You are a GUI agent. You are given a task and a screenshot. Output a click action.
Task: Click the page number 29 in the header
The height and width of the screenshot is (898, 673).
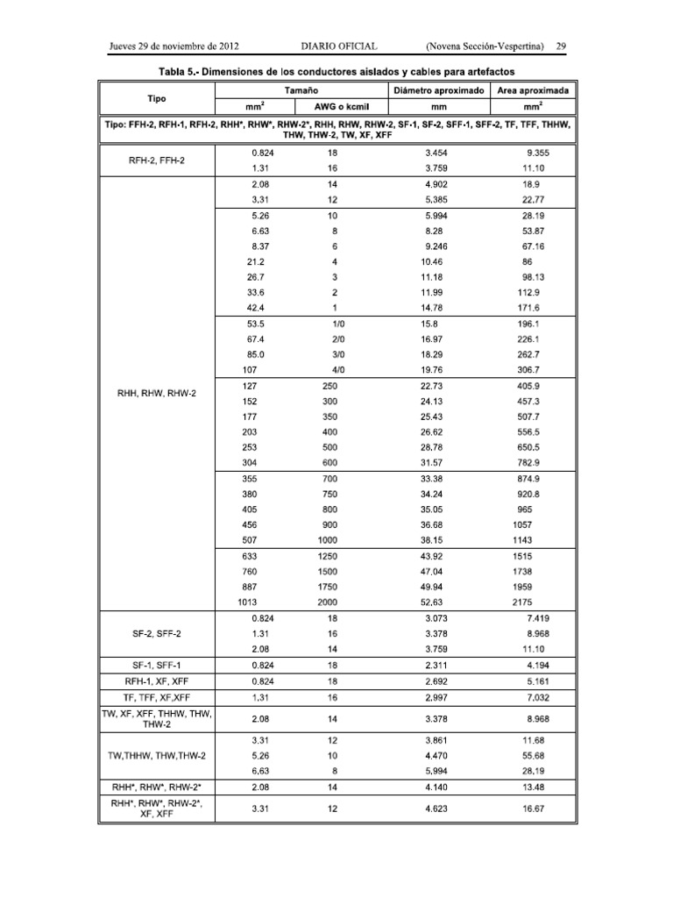(x=563, y=45)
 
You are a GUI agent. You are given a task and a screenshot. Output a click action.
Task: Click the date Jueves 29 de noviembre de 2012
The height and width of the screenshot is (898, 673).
(x=174, y=45)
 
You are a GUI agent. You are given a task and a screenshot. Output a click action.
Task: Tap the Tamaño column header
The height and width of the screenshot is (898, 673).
(x=301, y=90)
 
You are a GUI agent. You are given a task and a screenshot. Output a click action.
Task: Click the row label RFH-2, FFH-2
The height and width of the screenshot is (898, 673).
(x=158, y=160)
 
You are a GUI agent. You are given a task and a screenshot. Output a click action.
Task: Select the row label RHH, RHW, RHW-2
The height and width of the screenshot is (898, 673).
(x=158, y=393)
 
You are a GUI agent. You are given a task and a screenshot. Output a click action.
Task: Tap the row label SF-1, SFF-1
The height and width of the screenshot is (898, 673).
(x=158, y=666)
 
